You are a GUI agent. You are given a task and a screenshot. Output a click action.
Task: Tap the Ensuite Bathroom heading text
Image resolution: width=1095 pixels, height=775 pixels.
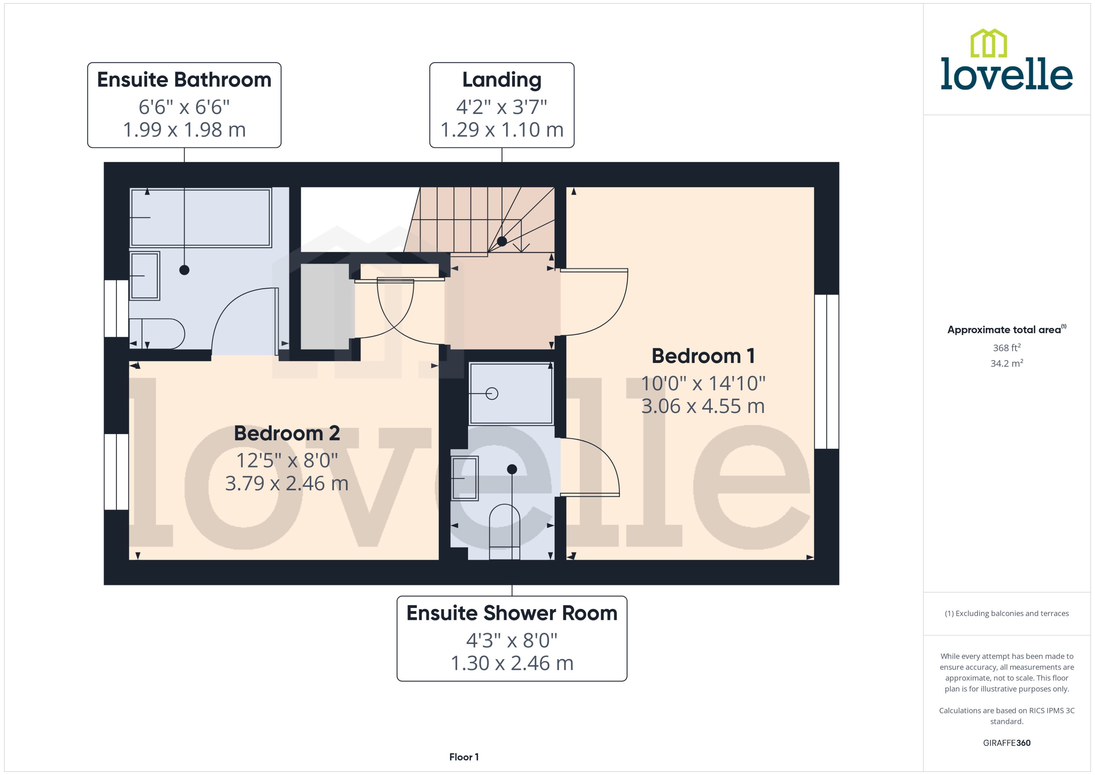pyautogui.click(x=184, y=80)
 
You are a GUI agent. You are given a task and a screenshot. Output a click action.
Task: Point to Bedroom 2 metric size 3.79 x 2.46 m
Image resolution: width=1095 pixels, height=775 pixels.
pyautogui.click(x=287, y=483)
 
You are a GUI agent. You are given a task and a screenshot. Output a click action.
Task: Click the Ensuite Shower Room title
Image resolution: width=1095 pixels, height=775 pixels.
pyautogui.click(x=512, y=613)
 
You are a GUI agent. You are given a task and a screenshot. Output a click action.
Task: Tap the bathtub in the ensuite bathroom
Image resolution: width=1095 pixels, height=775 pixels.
pyautogui.click(x=201, y=218)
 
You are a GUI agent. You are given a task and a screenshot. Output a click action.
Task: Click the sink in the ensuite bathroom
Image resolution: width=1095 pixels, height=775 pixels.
pyautogui.click(x=145, y=276)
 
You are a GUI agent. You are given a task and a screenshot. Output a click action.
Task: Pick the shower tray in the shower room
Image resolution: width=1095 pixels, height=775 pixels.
pyautogui.click(x=511, y=393)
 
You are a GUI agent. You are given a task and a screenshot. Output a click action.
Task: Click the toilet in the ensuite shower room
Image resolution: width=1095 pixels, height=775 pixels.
pyautogui.click(x=504, y=531)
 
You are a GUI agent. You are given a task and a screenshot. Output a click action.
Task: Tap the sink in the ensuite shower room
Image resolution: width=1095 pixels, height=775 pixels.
pyautogui.click(x=465, y=478)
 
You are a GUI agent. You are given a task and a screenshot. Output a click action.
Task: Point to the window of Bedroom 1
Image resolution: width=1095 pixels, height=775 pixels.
pyautogui.click(x=826, y=371)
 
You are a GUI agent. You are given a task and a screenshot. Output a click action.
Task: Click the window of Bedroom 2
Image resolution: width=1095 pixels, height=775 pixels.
pyautogui.click(x=116, y=472)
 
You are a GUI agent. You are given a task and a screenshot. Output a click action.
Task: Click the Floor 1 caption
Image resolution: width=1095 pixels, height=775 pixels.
pyautogui.click(x=463, y=757)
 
